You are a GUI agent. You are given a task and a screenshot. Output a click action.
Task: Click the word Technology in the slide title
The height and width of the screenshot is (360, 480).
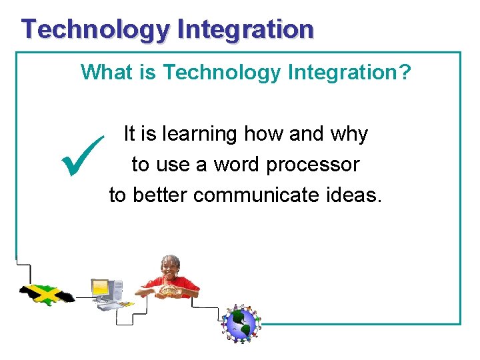(x=95, y=30)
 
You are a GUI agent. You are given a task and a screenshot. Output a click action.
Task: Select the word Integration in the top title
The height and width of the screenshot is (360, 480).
(x=245, y=30)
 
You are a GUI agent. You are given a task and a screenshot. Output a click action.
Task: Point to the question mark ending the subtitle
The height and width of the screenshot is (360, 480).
(x=405, y=72)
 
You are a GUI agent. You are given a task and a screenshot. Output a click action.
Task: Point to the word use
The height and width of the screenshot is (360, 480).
(x=172, y=165)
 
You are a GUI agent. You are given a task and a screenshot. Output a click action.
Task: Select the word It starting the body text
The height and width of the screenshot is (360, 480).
(x=129, y=134)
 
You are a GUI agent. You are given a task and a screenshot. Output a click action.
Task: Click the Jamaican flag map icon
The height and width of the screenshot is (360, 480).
(x=46, y=293)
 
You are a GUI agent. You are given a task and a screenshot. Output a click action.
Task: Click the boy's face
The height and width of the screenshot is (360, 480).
(x=171, y=266)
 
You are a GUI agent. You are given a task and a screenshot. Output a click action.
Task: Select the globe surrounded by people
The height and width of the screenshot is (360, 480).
(x=241, y=324)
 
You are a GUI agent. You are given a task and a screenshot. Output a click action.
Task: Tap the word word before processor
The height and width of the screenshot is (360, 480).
(x=237, y=164)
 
